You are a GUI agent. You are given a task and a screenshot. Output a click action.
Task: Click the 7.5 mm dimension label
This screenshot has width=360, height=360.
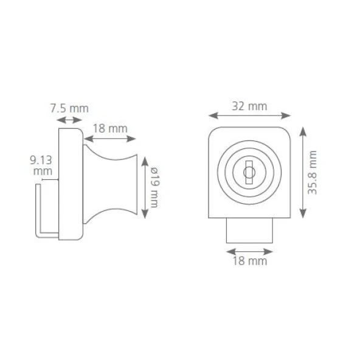69,108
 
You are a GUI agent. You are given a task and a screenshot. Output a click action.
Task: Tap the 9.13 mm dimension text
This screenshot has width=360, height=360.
41,165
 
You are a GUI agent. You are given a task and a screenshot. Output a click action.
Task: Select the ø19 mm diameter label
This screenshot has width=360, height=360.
154,187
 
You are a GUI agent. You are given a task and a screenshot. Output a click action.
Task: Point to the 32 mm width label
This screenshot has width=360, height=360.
249,106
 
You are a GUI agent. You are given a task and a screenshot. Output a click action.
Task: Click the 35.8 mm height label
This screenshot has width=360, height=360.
312,172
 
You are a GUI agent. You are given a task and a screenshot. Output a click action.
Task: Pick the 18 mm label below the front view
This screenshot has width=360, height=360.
250,261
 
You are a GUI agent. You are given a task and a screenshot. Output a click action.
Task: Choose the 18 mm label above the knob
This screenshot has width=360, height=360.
110,128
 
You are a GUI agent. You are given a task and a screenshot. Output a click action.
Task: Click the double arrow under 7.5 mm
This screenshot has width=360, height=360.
69,120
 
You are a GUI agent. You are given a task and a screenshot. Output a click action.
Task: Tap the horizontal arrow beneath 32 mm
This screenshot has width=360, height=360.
249,116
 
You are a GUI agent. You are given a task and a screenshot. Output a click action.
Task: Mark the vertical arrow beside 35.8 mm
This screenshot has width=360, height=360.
303,172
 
